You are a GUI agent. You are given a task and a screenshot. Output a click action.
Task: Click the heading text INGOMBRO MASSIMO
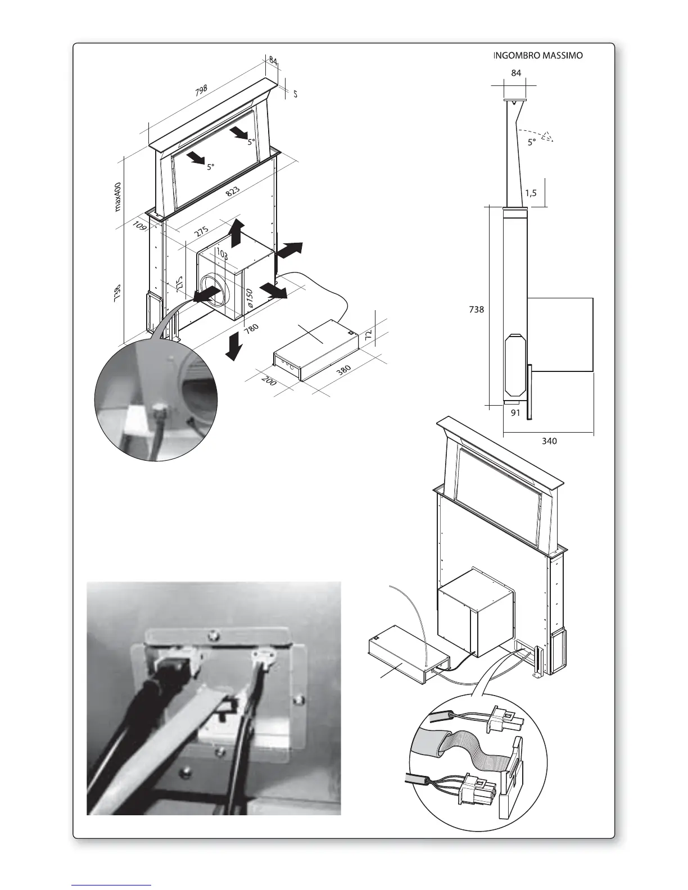click(x=537, y=56)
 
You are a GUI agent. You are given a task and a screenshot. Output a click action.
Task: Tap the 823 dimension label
click(x=233, y=190)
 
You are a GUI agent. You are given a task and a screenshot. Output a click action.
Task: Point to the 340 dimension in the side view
click(x=549, y=441)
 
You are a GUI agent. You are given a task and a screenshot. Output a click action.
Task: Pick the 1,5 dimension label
click(x=531, y=193)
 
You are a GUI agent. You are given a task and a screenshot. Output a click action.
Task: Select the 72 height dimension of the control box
click(x=368, y=335)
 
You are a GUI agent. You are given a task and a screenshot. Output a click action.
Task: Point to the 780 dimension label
click(x=251, y=328)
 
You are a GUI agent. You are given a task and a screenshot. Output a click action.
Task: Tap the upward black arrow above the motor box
click(x=237, y=232)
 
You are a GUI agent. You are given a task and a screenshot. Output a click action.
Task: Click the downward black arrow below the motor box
click(x=233, y=346)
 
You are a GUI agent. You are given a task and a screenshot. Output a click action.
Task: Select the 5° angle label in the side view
click(x=532, y=143)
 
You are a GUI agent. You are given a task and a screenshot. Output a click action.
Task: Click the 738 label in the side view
click(x=476, y=308)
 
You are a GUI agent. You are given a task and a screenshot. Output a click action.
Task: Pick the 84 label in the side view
click(x=516, y=72)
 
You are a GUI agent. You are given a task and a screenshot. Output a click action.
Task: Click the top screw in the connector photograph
click(x=212, y=635)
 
